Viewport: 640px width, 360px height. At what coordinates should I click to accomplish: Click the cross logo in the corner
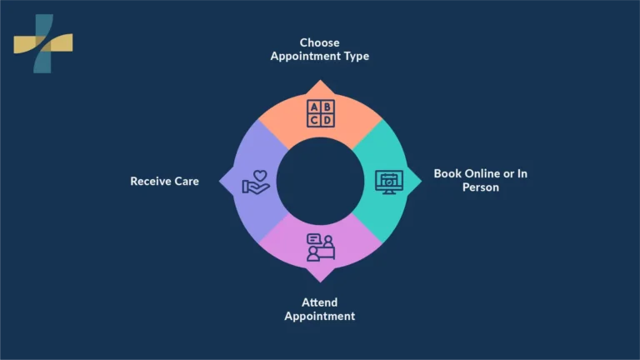click(43, 43)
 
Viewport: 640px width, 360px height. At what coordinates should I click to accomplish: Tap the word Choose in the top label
click(320, 42)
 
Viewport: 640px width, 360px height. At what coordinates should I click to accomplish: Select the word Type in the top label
click(357, 56)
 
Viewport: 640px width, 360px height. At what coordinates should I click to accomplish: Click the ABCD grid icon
click(320, 113)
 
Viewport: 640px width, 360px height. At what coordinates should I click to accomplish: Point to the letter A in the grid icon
click(314, 107)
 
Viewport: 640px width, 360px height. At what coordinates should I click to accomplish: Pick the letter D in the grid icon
click(327, 120)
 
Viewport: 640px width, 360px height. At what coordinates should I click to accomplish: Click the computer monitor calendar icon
click(389, 182)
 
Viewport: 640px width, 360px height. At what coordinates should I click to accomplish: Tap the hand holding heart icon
click(256, 182)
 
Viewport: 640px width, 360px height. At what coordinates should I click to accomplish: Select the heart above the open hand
click(260, 176)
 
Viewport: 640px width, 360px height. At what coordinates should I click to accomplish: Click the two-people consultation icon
click(321, 247)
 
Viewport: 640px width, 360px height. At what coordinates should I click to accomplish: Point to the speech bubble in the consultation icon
click(314, 239)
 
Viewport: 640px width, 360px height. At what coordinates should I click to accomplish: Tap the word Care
click(187, 181)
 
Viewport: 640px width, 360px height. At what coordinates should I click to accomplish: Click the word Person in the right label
click(480, 187)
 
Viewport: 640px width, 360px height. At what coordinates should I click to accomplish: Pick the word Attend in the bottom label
click(320, 302)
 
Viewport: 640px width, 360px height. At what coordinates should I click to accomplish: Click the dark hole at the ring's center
click(320, 181)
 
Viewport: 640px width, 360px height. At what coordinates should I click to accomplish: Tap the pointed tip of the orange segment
click(320, 80)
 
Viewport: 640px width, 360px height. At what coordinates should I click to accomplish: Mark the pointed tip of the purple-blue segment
click(219, 181)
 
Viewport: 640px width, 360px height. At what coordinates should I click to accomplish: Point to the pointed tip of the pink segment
click(320, 282)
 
